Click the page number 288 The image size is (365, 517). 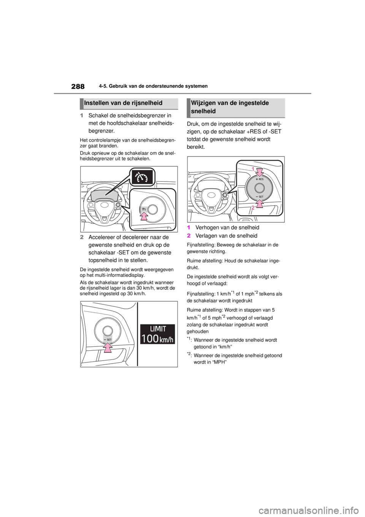click(x=78, y=86)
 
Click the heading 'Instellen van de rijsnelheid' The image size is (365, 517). click(x=123, y=103)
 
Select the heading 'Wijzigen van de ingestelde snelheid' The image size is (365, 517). click(x=230, y=107)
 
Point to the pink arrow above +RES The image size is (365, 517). click(x=260, y=172)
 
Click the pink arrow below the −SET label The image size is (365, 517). click(x=260, y=204)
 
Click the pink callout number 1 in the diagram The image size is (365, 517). click(x=253, y=169)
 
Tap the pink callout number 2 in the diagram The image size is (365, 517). click(x=253, y=208)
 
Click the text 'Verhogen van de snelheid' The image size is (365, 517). click(x=227, y=228)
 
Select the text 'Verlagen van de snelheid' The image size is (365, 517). click(x=226, y=236)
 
